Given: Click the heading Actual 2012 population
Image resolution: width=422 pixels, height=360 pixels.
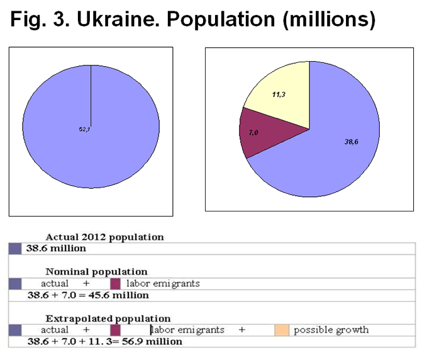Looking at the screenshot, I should [104, 237].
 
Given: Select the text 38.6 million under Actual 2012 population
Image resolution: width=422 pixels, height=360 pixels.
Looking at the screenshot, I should [55, 249].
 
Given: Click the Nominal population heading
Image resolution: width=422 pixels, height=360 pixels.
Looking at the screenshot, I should [97, 272].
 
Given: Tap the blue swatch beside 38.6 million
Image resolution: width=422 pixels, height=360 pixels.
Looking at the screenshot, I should [15, 249].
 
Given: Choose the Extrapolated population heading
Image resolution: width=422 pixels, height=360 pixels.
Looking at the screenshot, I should [108, 318].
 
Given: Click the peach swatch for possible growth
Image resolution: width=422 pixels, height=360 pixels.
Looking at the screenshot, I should [281, 330].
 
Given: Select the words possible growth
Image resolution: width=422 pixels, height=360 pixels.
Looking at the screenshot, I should [331, 330].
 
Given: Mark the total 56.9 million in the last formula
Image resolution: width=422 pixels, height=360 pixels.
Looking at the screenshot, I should [154, 341].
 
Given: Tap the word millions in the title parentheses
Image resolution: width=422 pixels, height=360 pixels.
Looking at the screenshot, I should [326, 20].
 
